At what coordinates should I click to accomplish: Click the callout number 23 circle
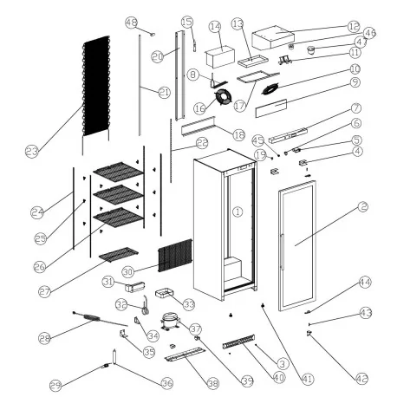33,152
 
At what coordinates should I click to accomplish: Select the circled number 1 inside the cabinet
237,211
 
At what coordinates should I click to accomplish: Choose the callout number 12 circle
354,27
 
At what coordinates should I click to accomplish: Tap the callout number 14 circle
215,27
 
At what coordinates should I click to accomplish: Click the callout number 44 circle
365,282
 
